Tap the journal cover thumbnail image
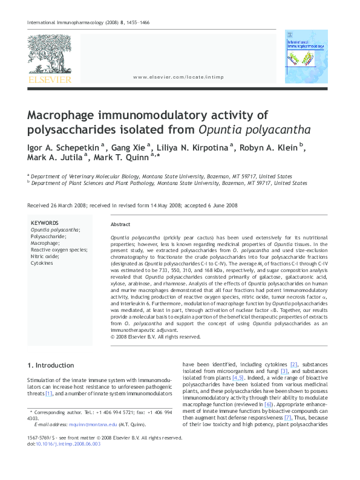click(306, 56)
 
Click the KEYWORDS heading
click(45, 223)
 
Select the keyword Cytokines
click(42, 263)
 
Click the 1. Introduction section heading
click(51, 365)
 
